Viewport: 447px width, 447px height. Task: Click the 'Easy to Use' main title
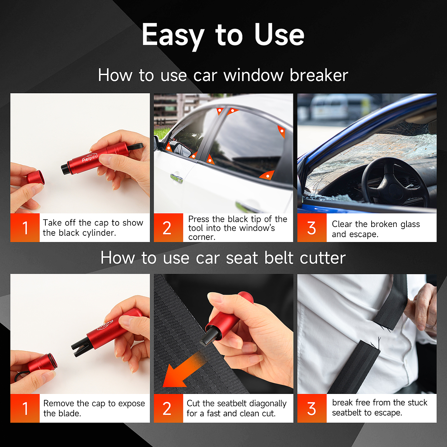[x=223, y=35]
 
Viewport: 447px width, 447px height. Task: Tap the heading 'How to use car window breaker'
[x=223, y=75]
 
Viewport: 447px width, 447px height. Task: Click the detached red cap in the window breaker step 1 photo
[x=36, y=177]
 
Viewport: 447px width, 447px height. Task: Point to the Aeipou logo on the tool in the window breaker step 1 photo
[x=90, y=158]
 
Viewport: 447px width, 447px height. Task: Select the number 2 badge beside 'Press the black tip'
[x=168, y=228]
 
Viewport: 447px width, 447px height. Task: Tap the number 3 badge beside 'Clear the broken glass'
[x=312, y=228]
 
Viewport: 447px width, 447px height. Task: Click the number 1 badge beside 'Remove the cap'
[x=25, y=408]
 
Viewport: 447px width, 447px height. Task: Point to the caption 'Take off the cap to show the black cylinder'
[x=93, y=228]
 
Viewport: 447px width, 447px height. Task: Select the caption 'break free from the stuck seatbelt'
[x=380, y=408]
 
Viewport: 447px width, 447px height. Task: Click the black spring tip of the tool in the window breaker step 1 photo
[x=65, y=169]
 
